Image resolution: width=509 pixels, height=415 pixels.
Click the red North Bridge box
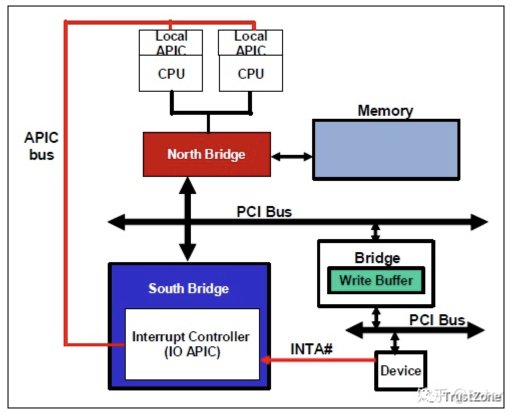(x=206, y=154)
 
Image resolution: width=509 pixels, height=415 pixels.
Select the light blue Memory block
(x=386, y=149)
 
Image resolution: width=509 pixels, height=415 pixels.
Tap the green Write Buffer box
(x=376, y=280)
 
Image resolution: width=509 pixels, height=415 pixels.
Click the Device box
(x=401, y=371)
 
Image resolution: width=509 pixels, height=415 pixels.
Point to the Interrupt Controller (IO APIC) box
(x=192, y=344)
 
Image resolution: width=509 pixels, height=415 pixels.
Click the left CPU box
(x=171, y=73)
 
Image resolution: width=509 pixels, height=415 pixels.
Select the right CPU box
(x=250, y=73)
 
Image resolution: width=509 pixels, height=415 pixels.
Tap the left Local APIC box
(x=171, y=43)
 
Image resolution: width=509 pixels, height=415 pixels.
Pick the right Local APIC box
(x=250, y=43)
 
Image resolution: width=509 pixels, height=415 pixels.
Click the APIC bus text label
(x=41, y=145)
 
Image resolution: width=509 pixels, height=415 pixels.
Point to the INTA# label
(x=312, y=349)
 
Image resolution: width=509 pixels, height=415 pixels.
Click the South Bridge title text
(x=188, y=289)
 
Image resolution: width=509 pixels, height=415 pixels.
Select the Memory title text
(x=385, y=111)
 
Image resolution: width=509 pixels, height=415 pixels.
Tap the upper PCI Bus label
(x=264, y=212)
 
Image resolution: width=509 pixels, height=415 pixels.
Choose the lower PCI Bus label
(x=437, y=320)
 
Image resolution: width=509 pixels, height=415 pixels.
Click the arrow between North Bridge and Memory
(x=292, y=157)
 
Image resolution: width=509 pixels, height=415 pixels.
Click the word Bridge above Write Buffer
(x=377, y=258)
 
